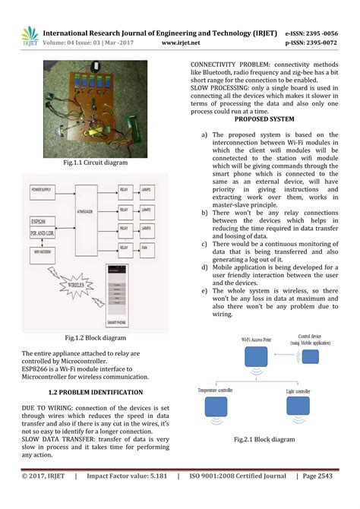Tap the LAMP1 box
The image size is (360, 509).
[x=147, y=188]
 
